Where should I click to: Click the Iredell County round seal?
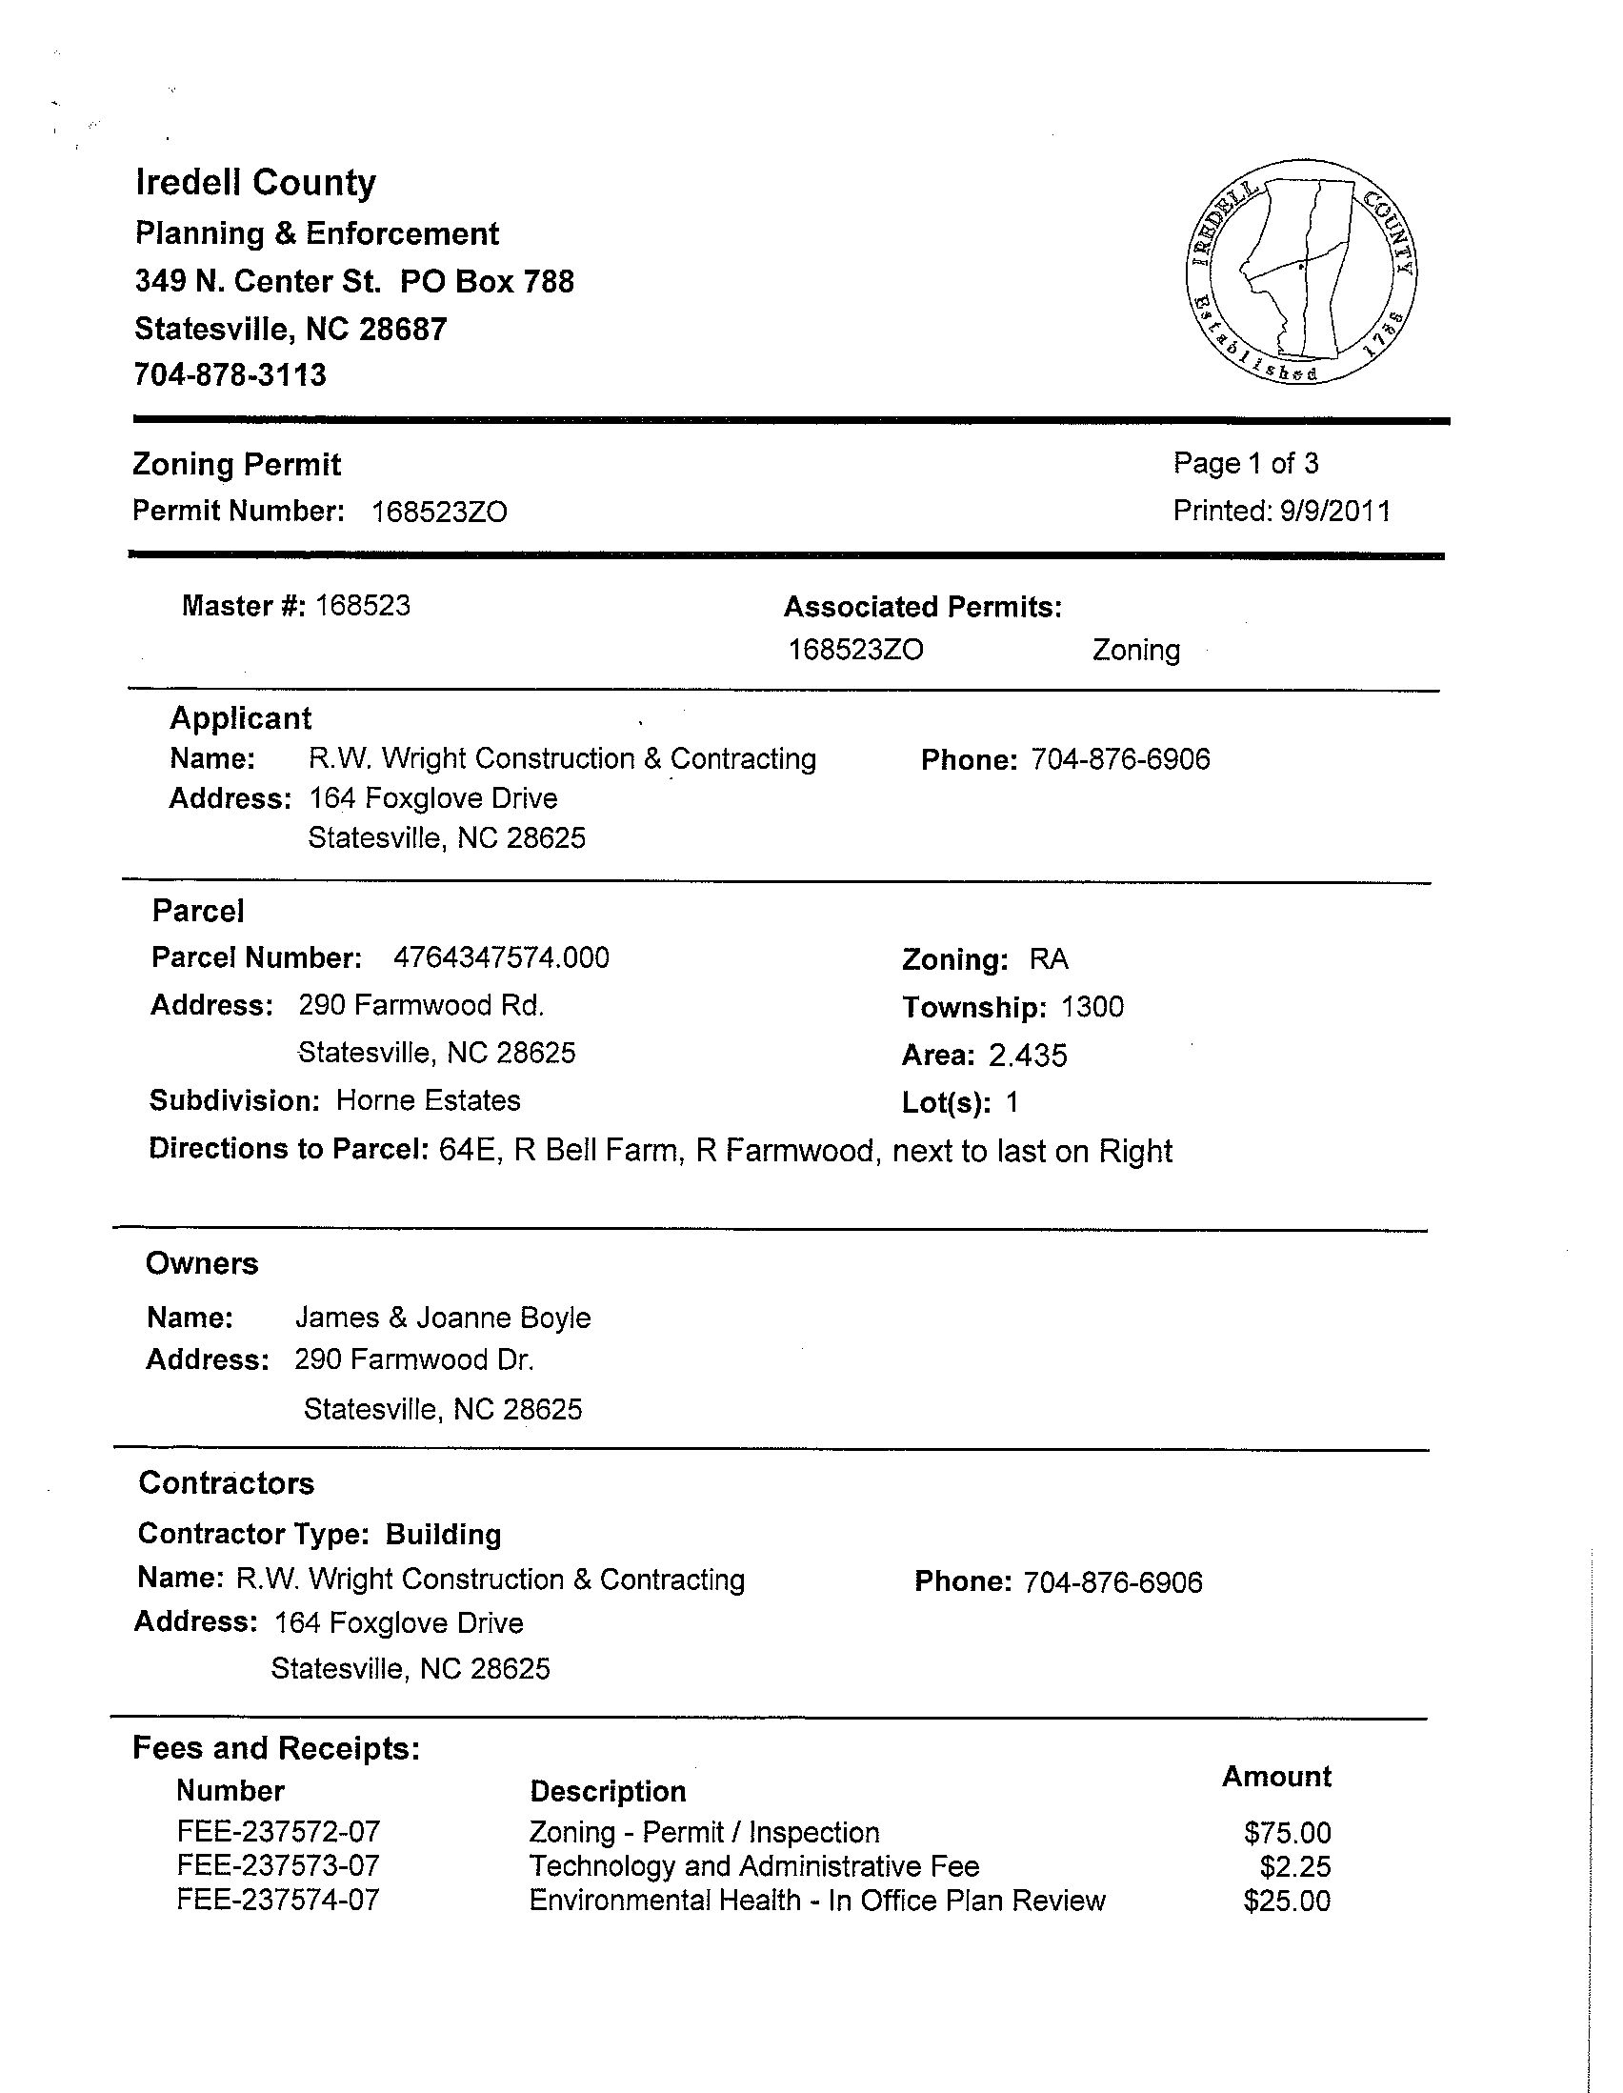pos(1301,272)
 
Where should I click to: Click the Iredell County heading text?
pos(256,182)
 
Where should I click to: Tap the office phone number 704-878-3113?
pos(230,374)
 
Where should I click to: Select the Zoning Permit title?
pos(236,465)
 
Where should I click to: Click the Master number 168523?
pos(363,606)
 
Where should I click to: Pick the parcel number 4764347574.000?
pos(501,957)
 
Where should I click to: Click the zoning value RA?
pos(1048,959)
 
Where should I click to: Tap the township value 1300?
pos(1092,1007)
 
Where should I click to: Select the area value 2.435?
pos(1027,1056)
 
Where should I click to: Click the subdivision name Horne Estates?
pos(429,1100)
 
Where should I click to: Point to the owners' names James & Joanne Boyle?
pos(443,1318)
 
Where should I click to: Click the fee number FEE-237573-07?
pos(278,1866)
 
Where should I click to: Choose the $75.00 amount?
pos(1287,1833)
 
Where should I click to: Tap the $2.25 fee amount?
pos(1294,1867)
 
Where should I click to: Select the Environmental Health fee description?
pos(816,1901)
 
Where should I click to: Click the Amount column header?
pos(1276,1776)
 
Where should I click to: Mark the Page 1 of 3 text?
pos(1246,464)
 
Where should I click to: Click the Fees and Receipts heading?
pos(276,1749)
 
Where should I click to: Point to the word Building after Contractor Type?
pos(444,1535)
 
